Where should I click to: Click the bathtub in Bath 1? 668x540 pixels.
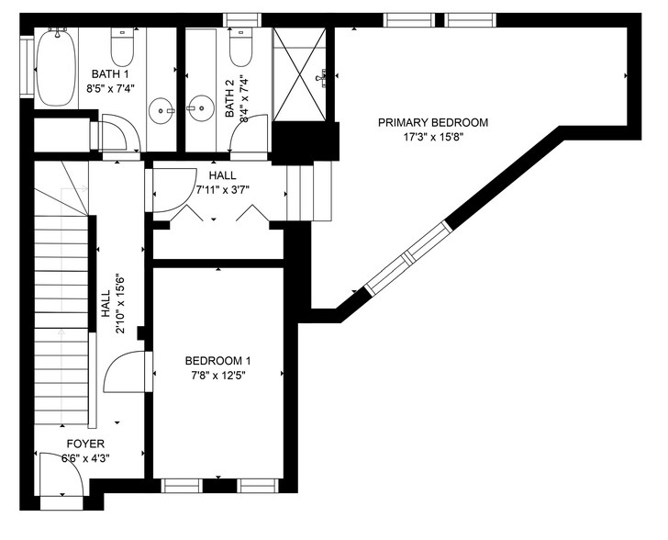click(54, 66)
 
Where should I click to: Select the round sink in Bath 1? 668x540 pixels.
click(165, 110)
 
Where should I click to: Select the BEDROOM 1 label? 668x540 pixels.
click(217, 361)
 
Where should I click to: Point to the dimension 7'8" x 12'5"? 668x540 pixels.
click(217, 375)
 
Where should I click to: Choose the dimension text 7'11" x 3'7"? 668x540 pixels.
click(222, 190)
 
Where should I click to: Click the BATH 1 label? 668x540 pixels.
click(109, 74)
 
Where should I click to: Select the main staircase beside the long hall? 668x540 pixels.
click(62, 303)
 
